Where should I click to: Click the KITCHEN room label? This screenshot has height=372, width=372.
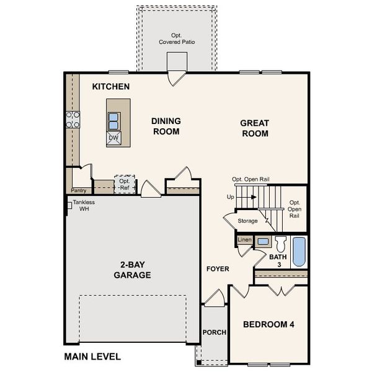111,87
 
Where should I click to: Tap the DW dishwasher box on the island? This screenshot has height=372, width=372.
114,138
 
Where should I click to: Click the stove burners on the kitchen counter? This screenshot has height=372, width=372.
73,119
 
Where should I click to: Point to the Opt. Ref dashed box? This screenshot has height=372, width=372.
125,184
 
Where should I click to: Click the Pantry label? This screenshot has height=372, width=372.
78,191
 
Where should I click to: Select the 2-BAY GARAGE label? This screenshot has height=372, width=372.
132,270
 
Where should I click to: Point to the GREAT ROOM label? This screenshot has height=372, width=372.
255,128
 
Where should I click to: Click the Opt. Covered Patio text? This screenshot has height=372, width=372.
177,39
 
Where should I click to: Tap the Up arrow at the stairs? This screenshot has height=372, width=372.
246,198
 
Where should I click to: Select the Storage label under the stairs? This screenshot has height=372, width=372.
247,221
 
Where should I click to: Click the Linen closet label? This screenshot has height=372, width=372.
245,239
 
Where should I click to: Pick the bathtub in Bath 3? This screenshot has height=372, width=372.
299,252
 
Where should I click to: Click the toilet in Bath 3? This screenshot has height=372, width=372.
280,243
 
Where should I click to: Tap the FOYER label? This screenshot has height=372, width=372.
218,269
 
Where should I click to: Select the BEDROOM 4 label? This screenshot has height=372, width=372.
269,324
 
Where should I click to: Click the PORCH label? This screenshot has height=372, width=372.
215,332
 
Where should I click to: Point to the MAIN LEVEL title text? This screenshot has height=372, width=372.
92,356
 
